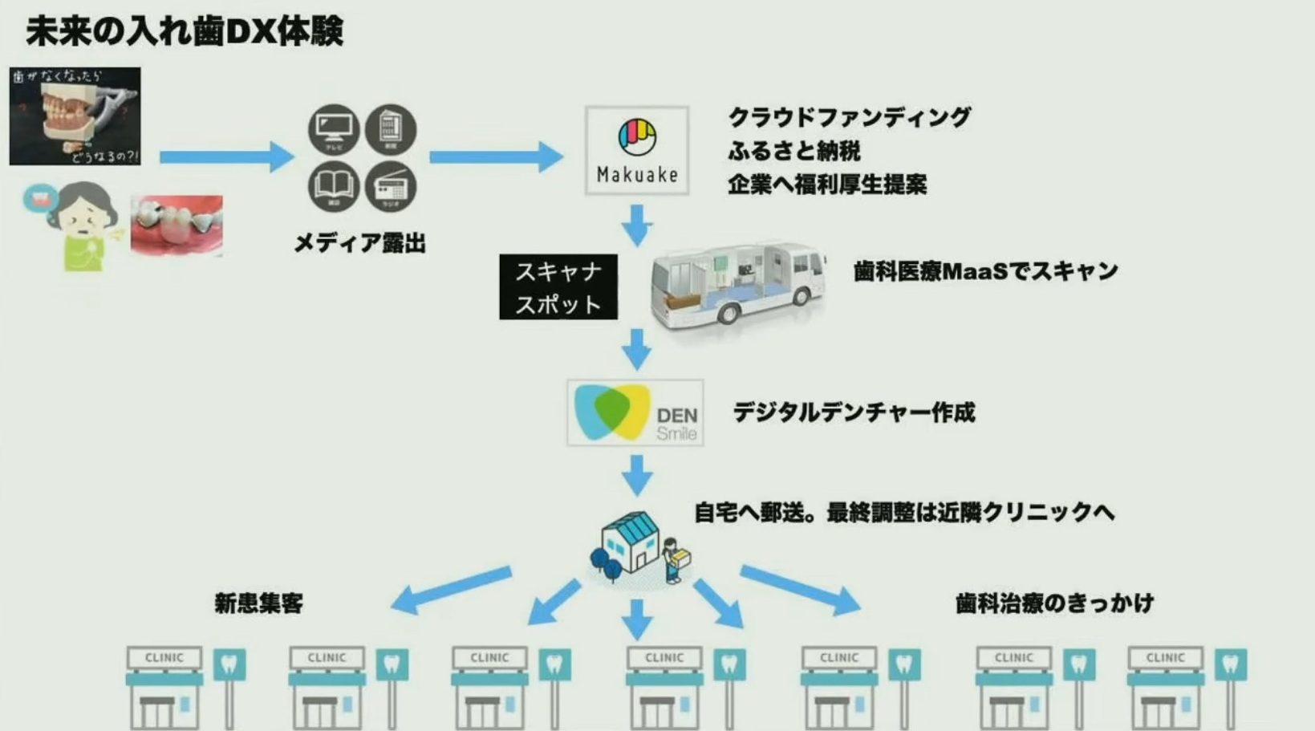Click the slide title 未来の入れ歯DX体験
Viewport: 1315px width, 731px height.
185,32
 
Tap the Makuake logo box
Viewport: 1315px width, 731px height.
637,151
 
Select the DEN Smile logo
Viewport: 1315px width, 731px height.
635,413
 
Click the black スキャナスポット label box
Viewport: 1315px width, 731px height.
558,287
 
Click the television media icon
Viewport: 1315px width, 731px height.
334,129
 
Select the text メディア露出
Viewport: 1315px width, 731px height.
359,242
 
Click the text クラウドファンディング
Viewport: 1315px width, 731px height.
849,117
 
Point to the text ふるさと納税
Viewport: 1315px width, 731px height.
794,151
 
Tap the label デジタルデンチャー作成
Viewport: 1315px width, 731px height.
854,412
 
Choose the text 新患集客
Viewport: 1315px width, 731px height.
258,603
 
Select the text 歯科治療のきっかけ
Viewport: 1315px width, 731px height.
1054,603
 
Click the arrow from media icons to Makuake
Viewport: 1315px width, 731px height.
496,156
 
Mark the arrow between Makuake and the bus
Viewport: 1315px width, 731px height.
637,225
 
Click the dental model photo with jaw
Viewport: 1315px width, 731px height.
75,116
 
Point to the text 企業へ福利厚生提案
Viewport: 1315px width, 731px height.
827,185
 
